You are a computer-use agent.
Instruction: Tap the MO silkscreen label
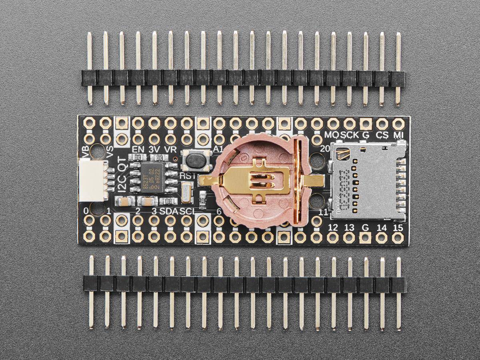point(332,135)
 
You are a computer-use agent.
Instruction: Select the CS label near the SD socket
point(382,135)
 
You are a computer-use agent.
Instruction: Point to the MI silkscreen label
point(398,135)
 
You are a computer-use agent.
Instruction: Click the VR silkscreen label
point(171,149)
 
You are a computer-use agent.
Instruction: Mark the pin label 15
point(398,228)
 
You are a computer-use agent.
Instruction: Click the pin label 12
point(332,228)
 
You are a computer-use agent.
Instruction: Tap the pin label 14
point(382,228)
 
